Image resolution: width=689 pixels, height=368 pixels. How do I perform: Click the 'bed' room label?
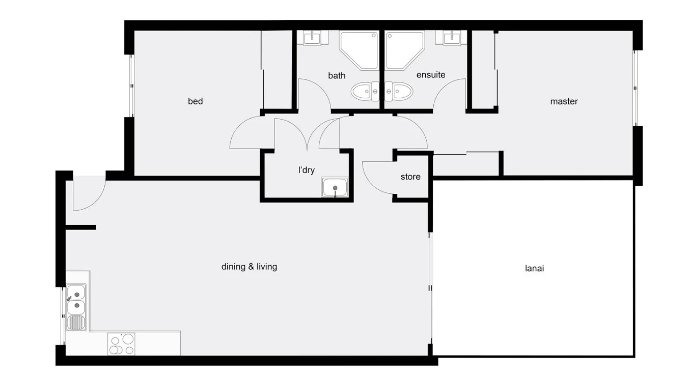195,101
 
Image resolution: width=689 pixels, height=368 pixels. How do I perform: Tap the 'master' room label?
564,101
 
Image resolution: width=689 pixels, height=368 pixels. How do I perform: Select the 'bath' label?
336,75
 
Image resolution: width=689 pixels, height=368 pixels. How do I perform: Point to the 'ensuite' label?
430,75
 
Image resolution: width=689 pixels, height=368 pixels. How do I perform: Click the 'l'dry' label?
306,170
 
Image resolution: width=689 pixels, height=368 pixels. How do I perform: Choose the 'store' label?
410,177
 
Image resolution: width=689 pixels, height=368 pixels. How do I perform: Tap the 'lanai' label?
534,268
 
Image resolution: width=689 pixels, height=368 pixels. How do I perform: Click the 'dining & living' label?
249,266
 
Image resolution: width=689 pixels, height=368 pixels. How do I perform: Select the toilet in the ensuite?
399,92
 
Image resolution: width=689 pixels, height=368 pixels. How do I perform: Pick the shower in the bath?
359,50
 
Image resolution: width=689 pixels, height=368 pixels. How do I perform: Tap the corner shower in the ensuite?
404,50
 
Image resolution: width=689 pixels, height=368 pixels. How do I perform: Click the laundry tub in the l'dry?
335,188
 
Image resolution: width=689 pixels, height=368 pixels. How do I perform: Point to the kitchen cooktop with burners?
121,344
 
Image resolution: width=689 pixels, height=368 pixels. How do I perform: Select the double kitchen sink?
76,300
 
